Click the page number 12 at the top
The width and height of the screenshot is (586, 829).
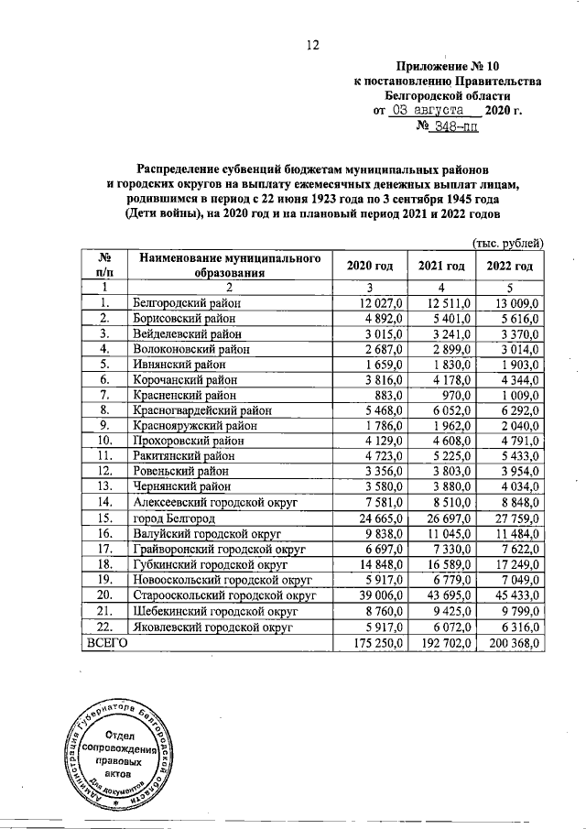pos(311,46)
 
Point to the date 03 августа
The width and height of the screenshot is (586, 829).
pos(431,110)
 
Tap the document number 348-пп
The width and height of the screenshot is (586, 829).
pos(448,127)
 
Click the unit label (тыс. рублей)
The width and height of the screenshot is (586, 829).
pos(507,242)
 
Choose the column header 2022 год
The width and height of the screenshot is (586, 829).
pos(511,266)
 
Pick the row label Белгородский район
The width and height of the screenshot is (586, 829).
pos(187,303)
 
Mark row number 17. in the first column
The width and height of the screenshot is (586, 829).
pos(105,549)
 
